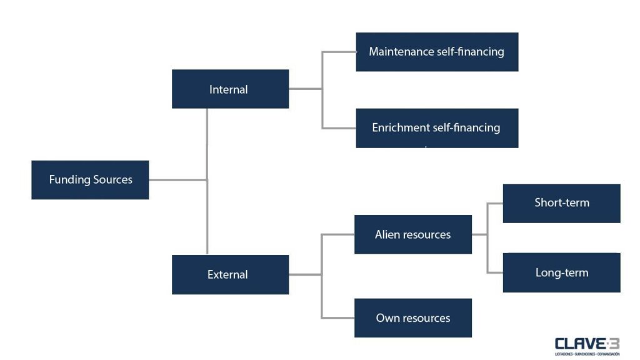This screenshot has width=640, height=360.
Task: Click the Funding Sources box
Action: (90, 180)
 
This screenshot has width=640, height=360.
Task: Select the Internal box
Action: (230, 89)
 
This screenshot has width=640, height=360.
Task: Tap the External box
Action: (230, 274)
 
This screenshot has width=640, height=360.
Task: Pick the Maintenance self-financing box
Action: (437, 52)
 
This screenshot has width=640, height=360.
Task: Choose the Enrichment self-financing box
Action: (437, 128)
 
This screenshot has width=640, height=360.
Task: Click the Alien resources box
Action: (412, 234)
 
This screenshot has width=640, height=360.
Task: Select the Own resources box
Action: (412, 318)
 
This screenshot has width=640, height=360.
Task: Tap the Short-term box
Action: (561, 203)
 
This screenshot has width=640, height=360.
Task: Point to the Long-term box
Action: (561, 272)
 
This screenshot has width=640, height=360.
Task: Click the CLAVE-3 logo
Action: (586, 346)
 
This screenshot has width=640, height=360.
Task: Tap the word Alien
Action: (387, 235)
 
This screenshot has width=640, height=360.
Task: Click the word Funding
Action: (69, 180)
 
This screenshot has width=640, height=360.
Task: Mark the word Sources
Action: (112, 180)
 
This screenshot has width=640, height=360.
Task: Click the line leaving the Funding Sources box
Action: (177, 180)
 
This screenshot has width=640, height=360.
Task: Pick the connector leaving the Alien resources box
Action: (479, 234)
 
